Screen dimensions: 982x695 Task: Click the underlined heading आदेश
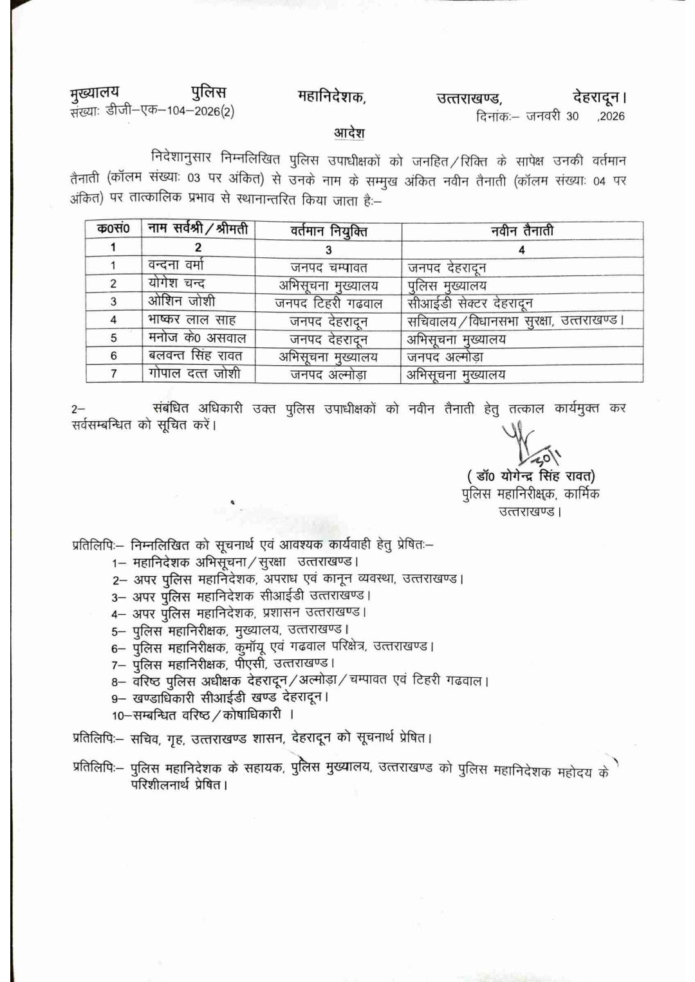click(349, 133)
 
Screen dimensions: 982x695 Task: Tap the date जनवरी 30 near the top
click(552, 116)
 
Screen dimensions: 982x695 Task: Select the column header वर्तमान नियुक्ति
click(328, 231)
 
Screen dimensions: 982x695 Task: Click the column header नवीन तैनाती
click(521, 231)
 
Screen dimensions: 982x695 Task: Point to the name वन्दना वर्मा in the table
click(176, 265)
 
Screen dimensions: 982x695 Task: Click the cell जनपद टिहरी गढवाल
click(328, 303)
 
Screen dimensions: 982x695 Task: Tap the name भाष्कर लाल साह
click(192, 320)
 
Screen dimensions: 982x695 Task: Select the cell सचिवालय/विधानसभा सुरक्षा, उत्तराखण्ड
click(515, 320)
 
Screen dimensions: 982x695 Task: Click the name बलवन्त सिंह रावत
click(195, 356)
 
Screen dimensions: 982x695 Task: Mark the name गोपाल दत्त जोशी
click(194, 373)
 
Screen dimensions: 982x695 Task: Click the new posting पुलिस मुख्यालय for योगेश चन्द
click(447, 286)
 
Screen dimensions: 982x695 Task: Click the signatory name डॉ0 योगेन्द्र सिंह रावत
click(531, 476)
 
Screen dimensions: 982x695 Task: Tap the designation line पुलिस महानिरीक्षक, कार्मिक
click(530, 494)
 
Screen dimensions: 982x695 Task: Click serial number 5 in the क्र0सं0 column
click(114, 338)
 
